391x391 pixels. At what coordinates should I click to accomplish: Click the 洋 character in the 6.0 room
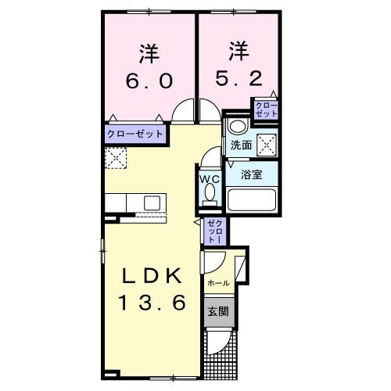[149, 54]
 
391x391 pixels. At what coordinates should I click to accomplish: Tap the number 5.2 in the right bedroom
[239, 78]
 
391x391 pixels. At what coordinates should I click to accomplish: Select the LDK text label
[152, 276]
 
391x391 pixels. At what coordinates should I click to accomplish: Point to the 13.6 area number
[152, 303]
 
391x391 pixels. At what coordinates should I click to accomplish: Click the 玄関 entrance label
[218, 311]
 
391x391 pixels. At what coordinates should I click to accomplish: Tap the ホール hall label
[219, 283]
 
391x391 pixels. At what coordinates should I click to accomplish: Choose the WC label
[210, 179]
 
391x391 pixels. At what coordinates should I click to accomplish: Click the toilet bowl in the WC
[210, 193]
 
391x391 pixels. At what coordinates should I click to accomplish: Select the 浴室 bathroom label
[251, 174]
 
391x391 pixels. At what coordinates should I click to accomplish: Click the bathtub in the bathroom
[252, 200]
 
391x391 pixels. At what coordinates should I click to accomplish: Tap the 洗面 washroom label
[241, 145]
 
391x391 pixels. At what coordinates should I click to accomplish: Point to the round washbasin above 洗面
[238, 127]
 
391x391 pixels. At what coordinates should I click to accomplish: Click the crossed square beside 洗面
[267, 145]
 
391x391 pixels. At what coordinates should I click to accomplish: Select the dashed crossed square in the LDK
[116, 158]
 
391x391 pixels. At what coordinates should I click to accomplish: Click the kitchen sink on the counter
[152, 203]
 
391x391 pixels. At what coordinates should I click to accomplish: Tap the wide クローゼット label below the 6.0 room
[135, 134]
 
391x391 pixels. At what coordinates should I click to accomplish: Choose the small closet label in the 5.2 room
[267, 109]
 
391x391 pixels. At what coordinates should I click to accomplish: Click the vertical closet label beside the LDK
[215, 231]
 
